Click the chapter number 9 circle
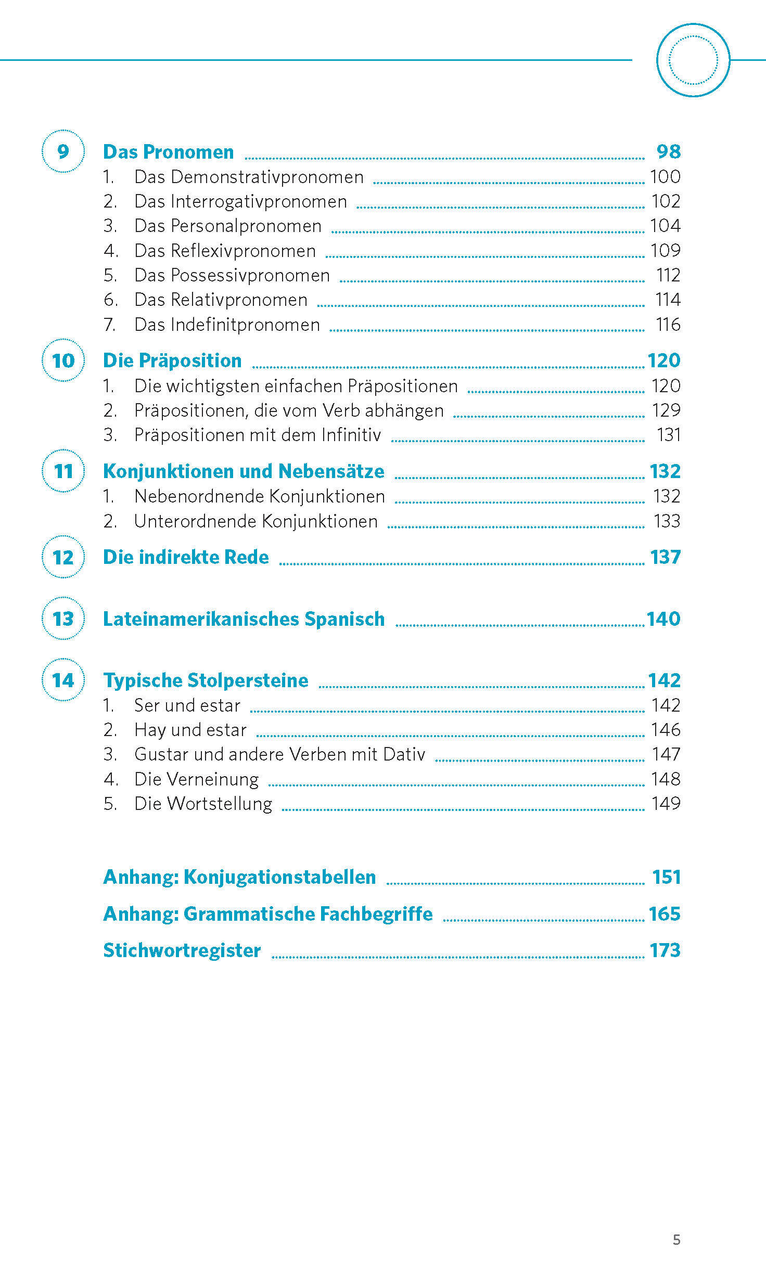63,151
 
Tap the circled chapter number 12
63,557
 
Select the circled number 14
63,680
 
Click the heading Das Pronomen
168,152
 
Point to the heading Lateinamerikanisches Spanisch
244,619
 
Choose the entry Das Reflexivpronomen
225,251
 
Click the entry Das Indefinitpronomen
227,325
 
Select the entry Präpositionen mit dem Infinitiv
258,435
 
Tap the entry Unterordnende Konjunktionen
256,521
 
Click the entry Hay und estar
190,730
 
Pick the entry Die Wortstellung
203,804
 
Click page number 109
665,251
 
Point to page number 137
665,557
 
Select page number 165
665,914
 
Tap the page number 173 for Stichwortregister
665,950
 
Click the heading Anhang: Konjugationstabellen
239,877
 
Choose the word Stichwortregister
182,950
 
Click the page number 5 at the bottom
676,1240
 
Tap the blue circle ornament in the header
693,60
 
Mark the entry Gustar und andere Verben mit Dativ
279,754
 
